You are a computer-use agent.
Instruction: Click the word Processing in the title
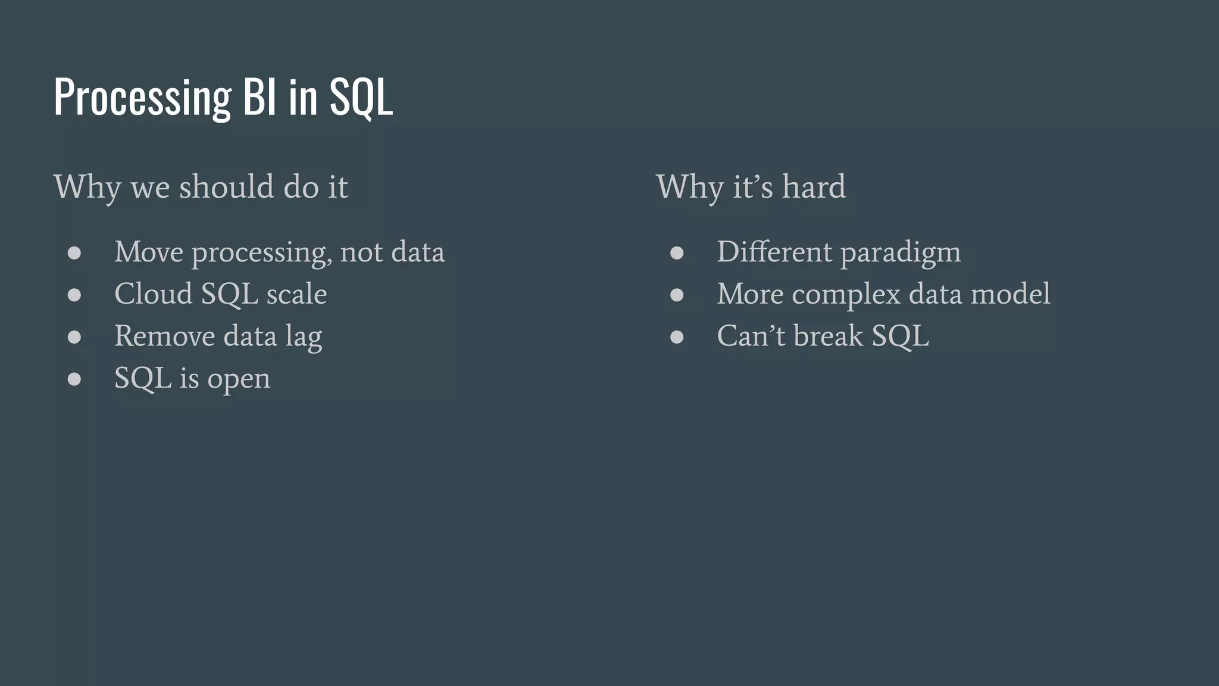(x=142, y=96)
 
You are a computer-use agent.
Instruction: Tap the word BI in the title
(x=260, y=96)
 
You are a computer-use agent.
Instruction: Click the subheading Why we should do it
(x=201, y=187)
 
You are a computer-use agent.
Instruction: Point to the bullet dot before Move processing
(x=74, y=253)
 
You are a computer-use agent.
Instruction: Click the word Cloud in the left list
(x=153, y=294)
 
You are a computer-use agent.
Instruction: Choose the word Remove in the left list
(x=164, y=336)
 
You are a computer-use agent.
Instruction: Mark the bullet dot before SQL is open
(x=74, y=379)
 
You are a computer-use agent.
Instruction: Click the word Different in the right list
(x=774, y=252)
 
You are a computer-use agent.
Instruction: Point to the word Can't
(x=751, y=336)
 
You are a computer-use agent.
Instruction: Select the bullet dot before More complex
(x=677, y=295)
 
